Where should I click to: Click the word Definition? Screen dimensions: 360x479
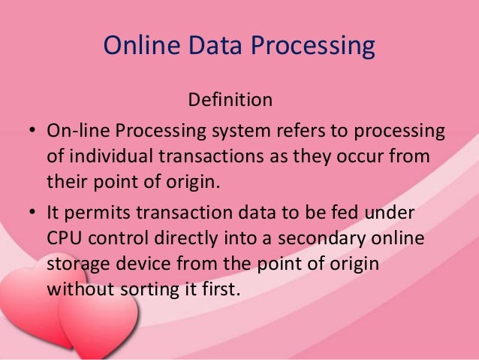point(230,98)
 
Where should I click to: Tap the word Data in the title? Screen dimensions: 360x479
point(212,47)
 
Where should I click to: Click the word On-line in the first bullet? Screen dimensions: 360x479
point(77,132)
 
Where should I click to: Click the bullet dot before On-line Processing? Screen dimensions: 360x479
point(34,132)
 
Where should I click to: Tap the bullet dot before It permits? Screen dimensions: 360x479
point(34,213)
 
